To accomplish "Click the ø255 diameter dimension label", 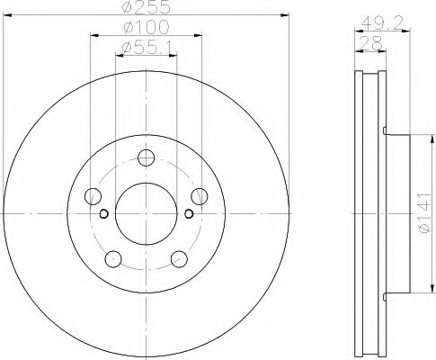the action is click(146, 7).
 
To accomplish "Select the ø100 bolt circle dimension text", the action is click(147, 27).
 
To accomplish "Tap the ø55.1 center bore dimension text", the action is click(147, 47).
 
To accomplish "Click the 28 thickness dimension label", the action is click(371, 43).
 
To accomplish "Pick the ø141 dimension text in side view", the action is click(425, 213).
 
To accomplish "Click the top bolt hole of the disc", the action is click(146, 157).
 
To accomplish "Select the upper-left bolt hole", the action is click(93, 196).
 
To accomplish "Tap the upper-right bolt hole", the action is click(200, 196).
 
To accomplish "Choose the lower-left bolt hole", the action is click(113, 259).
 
